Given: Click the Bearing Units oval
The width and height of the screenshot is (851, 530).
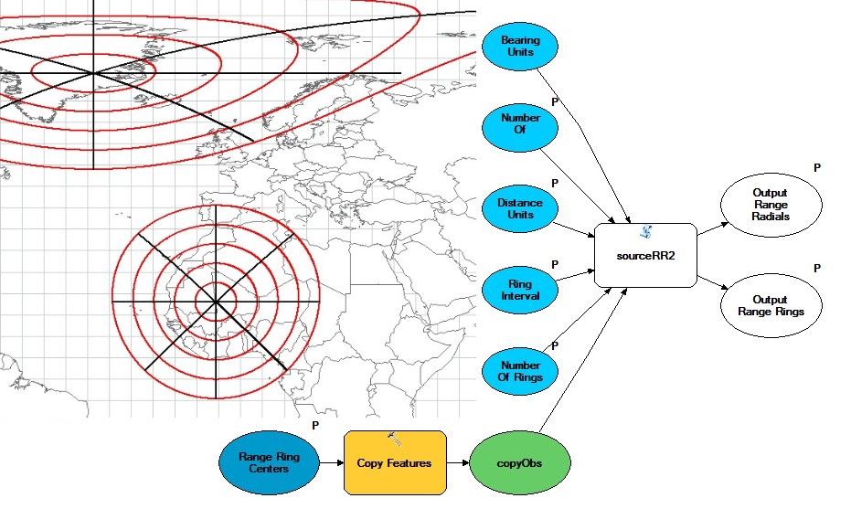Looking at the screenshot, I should pyautogui.click(x=520, y=46).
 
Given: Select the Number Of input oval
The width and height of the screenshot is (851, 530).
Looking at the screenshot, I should pyautogui.click(x=520, y=124).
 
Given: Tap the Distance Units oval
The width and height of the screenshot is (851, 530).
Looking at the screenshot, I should pyautogui.click(x=520, y=209).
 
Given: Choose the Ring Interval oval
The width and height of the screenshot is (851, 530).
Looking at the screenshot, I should pyautogui.click(x=520, y=290).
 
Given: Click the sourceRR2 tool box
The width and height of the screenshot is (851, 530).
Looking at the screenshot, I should pyautogui.click(x=644, y=256).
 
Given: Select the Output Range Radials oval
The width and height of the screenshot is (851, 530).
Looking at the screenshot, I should pyautogui.click(x=771, y=205).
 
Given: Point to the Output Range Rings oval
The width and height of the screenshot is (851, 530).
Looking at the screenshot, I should pyautogui.click(x=771, y=306).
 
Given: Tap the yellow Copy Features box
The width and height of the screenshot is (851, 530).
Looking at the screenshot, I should pyautogui.click(x=394, y=463).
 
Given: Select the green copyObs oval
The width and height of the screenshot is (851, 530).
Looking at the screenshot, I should pyautogui.click(x=519, y=463).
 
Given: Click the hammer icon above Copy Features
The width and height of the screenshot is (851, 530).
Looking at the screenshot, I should pyautogui.click(x=395, y=439).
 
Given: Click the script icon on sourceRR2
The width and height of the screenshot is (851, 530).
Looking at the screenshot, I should pyautogui.click(x=644, y=232).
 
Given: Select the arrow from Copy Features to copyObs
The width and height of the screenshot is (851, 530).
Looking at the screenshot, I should pyautogui.click(x=456, y=463).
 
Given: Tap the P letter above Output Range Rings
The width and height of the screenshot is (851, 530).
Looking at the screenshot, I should pyautogui.click(x=816, y=269).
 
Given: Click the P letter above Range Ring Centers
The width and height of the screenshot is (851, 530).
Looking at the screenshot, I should pyautogui.click(x=315, y=425).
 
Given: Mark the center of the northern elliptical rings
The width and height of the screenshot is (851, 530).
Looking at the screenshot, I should pyautogui.click(x=92, y=72).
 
